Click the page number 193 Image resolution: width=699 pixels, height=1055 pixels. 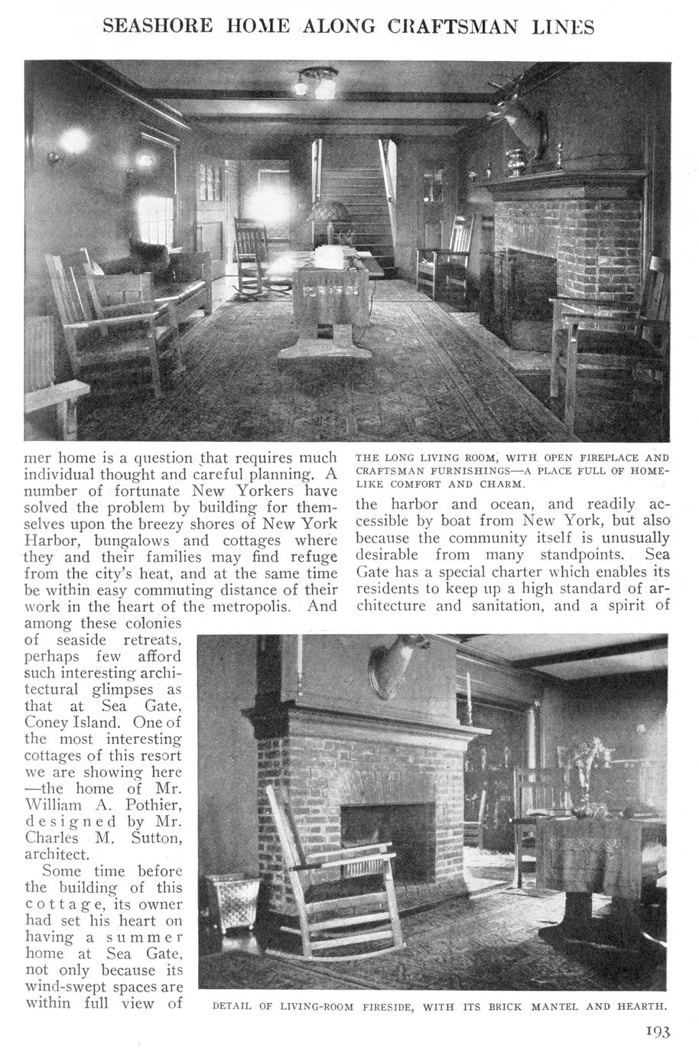coord(656,1032)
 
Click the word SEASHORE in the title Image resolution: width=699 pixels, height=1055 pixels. coord(159,26)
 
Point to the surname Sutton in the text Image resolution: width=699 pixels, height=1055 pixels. coord(157,839)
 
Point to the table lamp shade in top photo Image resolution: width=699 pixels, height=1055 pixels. coord(329,211)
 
